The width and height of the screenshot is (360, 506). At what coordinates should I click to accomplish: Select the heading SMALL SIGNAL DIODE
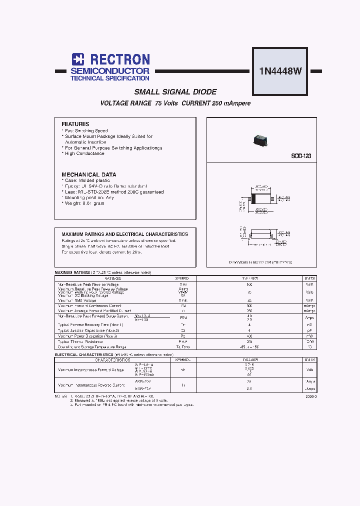175,92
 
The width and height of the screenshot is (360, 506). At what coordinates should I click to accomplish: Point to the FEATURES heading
75,124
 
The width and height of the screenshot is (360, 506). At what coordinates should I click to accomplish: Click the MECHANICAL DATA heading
89,174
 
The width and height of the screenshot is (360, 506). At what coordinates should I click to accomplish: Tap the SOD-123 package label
301,156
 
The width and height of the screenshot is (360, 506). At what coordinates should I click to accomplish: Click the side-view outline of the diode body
261,234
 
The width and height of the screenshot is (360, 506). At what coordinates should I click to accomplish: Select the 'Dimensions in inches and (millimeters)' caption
260,262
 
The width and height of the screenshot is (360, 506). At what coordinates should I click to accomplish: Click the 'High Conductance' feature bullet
84,154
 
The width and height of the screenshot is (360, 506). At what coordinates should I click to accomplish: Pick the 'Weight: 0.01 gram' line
84,203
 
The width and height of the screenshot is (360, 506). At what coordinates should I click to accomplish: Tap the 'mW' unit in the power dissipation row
309,336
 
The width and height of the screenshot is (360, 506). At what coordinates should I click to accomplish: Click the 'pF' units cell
309,330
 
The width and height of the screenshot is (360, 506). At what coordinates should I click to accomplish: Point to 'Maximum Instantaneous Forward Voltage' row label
91,369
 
